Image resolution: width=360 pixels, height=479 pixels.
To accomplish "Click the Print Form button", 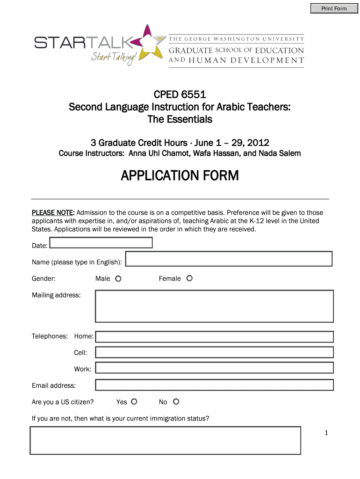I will click(x=334, y=8).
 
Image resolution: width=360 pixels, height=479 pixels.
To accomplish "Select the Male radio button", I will click(x=118, y=279).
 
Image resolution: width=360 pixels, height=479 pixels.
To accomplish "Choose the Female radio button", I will click(x=189, y=278).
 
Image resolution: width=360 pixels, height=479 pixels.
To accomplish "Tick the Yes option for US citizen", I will click(x=134, y=402).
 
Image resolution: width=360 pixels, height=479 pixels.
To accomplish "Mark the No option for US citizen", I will click(x=176, y=402).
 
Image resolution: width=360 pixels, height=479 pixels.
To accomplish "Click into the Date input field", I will click(x=101, y=242).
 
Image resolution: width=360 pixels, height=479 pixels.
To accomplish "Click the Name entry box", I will click(x=229, y=259).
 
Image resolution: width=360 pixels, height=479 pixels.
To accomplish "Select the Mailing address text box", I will click(x=214, y=306).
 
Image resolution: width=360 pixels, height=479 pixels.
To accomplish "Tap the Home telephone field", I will click(x=214, y=337).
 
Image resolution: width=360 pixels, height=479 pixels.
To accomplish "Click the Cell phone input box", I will click(x=214, y=352).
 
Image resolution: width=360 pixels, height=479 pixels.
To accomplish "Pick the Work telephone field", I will click(x=214, y=369).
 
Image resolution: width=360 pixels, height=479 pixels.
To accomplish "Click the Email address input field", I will click(x=214, y=385).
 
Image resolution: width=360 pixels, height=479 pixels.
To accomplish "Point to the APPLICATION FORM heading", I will click(x=180, y=176).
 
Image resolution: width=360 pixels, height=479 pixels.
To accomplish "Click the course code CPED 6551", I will click(x=180, y=96).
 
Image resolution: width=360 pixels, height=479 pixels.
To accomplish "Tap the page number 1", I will click(x=327, y=433).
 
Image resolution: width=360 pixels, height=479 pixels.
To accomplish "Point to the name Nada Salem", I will click(x=281, y=153).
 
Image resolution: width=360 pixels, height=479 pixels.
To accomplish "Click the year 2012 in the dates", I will click(x=259, y=142).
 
